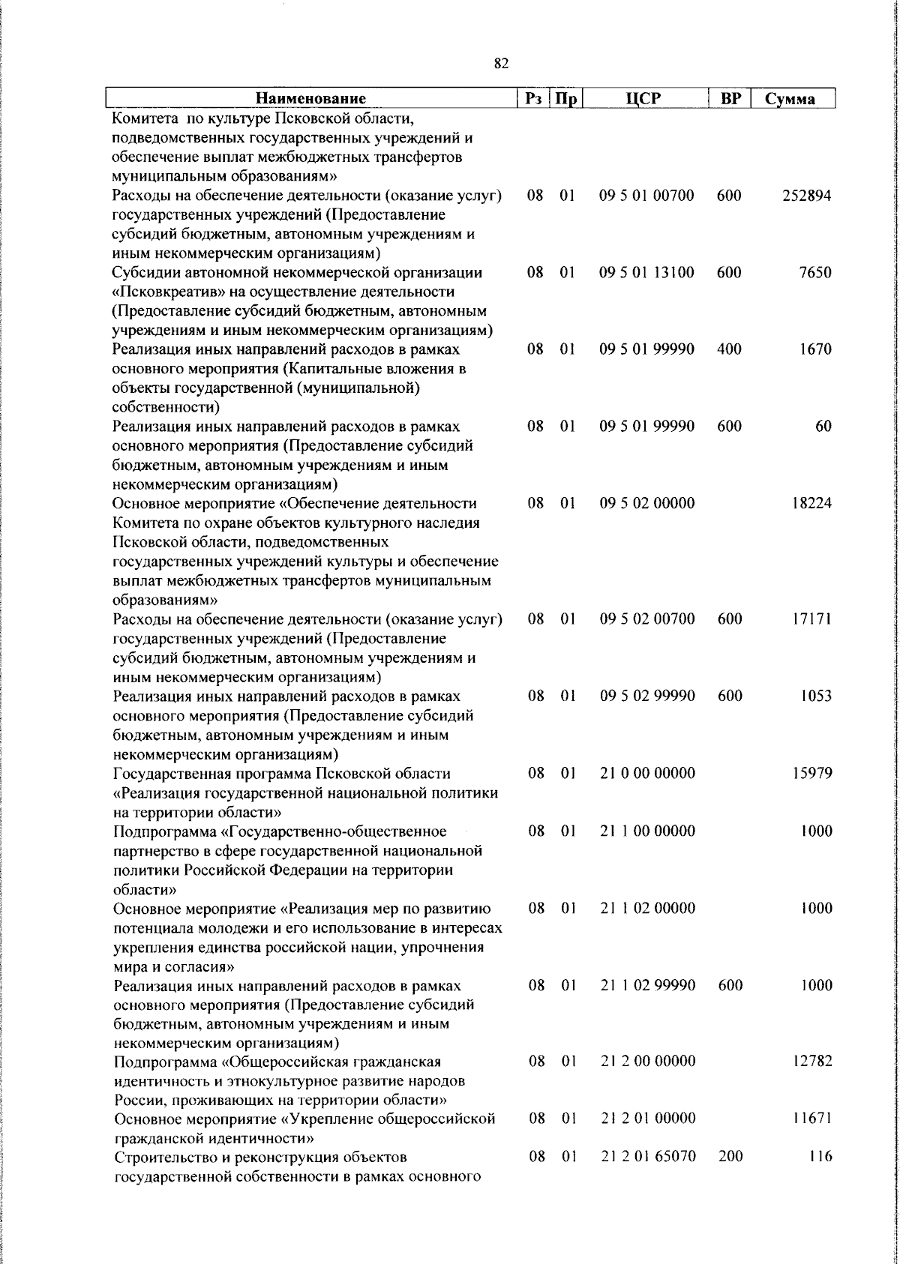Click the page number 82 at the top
502,64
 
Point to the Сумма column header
790,99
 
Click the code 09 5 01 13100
646,273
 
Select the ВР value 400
729,349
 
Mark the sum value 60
823,427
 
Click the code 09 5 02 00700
647,619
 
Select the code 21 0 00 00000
647,773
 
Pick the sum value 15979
811,773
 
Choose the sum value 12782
811,1062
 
